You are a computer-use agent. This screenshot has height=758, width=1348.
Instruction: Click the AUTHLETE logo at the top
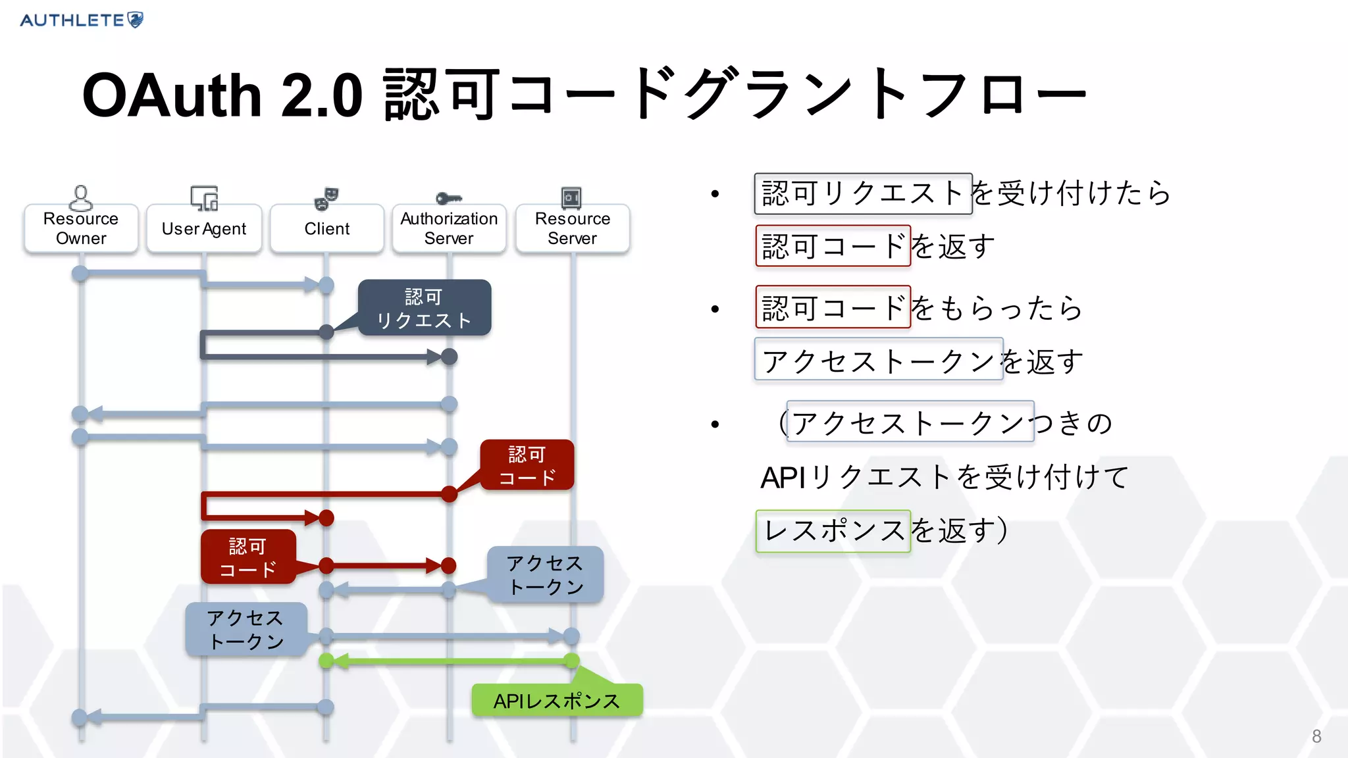(x=81, y=20)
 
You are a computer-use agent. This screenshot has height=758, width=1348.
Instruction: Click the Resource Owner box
(x=81, y=228)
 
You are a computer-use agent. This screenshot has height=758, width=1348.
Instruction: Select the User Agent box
(x=204, y=228)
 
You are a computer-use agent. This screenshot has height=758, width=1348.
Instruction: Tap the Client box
(x=327, y=228)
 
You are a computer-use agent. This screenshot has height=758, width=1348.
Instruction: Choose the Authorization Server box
(x=449, y=228)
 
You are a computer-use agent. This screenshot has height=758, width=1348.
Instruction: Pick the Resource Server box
(x=573, y=228)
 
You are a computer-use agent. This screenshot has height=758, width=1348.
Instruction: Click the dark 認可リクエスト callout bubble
(x=425, y=308)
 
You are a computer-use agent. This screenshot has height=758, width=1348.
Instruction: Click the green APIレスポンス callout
(x=557, y=701)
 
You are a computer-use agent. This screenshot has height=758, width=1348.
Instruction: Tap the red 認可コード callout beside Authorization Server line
(x=527, y=465)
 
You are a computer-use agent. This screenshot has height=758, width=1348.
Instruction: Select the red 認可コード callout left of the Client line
(x=248, y=557)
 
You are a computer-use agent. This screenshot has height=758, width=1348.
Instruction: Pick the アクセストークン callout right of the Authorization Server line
(x=545, y=574)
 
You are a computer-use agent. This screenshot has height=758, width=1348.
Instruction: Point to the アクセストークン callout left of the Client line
(x=246, y=629)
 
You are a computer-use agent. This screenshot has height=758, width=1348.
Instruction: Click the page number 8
(x=1316, y=736)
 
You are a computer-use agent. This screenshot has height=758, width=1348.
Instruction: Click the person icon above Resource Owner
(x=80, y=197)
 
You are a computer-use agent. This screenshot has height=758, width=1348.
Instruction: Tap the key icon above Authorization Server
(x=449, y=198)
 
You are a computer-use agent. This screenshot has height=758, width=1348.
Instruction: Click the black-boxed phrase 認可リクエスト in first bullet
(x=863, y=193)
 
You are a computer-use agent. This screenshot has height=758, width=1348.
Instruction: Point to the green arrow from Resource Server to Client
(x=449, y=661)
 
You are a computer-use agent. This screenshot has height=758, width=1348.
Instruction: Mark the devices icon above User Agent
(x=204, y=197)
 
